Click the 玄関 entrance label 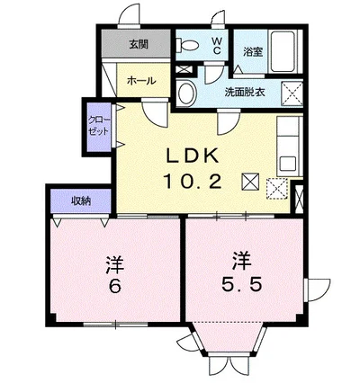coord(138,43)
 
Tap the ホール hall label coord(141,80)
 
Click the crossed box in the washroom coord(292,92)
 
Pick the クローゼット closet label coord(97,125)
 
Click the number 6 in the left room coord(114,289)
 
